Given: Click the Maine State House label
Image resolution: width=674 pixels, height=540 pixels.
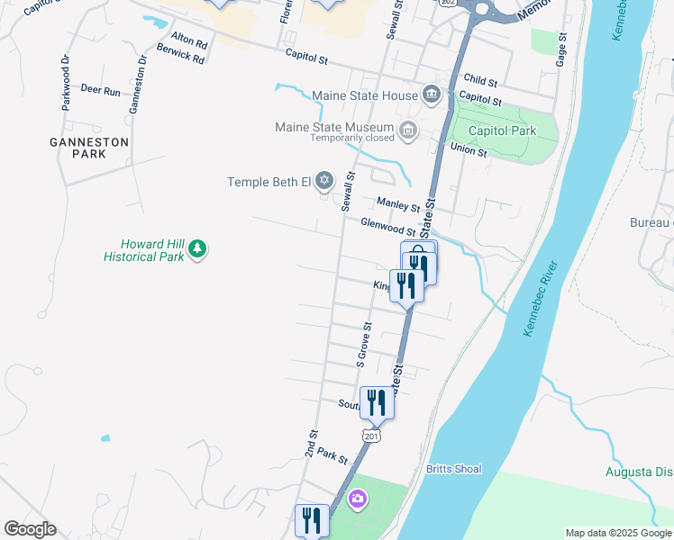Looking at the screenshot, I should pos(364,95).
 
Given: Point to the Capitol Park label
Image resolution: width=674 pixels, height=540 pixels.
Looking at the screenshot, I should pos(510,130).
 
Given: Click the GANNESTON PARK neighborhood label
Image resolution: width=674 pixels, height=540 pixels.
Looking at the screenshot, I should pos(89,148).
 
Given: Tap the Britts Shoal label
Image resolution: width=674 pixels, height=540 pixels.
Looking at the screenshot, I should pos(454,469).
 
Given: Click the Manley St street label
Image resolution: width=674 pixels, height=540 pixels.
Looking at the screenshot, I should pos(399,204).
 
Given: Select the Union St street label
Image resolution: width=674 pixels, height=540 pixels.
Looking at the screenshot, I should pos(469,149).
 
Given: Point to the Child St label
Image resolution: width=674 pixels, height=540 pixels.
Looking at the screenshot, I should pos(480,80).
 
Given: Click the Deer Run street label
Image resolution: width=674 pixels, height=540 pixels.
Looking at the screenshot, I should pos(100,91).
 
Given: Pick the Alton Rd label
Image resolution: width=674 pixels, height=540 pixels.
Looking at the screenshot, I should pos(189,41).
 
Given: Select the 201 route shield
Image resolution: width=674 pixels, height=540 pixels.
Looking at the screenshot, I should pos(372,436).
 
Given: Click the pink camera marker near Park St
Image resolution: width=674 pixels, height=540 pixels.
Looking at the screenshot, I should pos(358,499).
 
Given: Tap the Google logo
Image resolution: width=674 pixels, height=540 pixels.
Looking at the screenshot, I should pos(30,529).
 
